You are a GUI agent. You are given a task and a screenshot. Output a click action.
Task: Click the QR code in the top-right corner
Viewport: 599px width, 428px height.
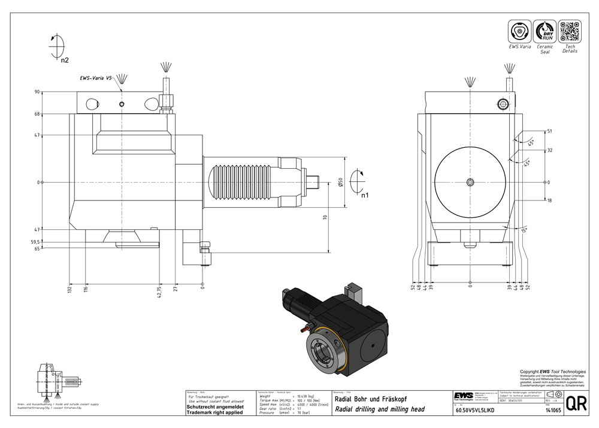570,31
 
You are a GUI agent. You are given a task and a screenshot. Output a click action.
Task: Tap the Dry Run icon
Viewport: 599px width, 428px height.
544,31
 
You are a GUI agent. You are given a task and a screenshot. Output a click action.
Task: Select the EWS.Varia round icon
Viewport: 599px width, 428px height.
519,31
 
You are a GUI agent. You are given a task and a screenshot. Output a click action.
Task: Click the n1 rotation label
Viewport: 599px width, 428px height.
364,194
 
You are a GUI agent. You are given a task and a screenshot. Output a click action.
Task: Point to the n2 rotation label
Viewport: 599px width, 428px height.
65,60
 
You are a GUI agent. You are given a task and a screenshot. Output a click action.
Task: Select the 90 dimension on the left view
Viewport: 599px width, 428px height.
37,92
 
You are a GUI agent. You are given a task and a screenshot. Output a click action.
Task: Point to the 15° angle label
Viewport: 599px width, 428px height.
525,229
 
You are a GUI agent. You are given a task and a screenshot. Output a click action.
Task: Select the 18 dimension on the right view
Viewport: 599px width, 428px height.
549,201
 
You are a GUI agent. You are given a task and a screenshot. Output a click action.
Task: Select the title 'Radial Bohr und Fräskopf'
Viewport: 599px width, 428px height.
368,399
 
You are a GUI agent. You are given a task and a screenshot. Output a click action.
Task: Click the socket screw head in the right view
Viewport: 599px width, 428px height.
502,104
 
